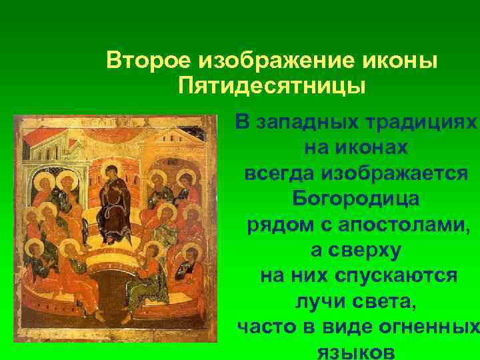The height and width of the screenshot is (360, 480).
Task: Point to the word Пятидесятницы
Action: (x=272, y=87)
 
